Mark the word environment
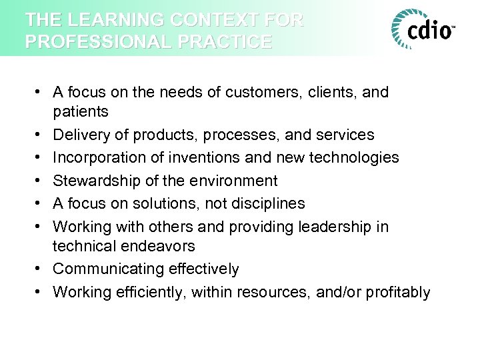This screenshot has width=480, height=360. click(235, 180)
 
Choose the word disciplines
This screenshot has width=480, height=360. click(268, 203)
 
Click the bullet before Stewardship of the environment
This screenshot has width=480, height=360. click(41, 180)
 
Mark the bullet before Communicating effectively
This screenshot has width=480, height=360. click(41, 269)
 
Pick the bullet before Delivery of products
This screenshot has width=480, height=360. click(41, 135)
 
